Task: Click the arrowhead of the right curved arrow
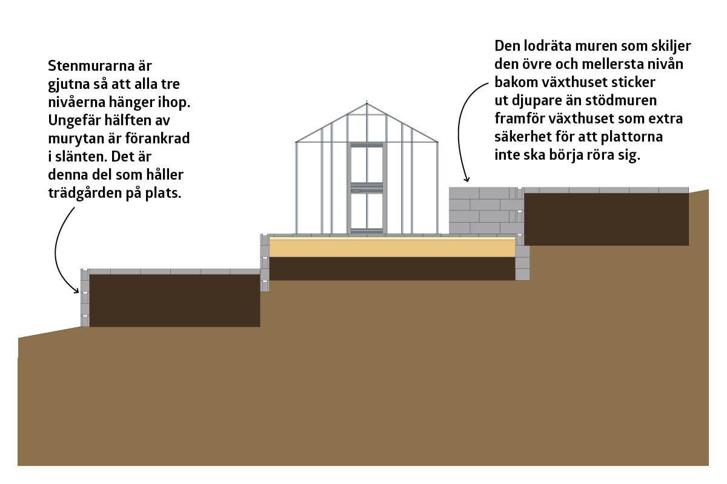[466, 178]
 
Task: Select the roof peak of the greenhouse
[367, 103]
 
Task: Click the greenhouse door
[367, 188]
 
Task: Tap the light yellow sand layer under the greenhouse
[392, 247]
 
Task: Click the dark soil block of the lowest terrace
[174, 301]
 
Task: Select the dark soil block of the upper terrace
[606, 220]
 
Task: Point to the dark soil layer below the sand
[392, 269]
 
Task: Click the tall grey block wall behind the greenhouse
[486, 211]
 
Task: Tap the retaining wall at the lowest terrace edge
[85, 298]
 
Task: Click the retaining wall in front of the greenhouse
[265, 263]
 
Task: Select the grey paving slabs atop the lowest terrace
[174, 272]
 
